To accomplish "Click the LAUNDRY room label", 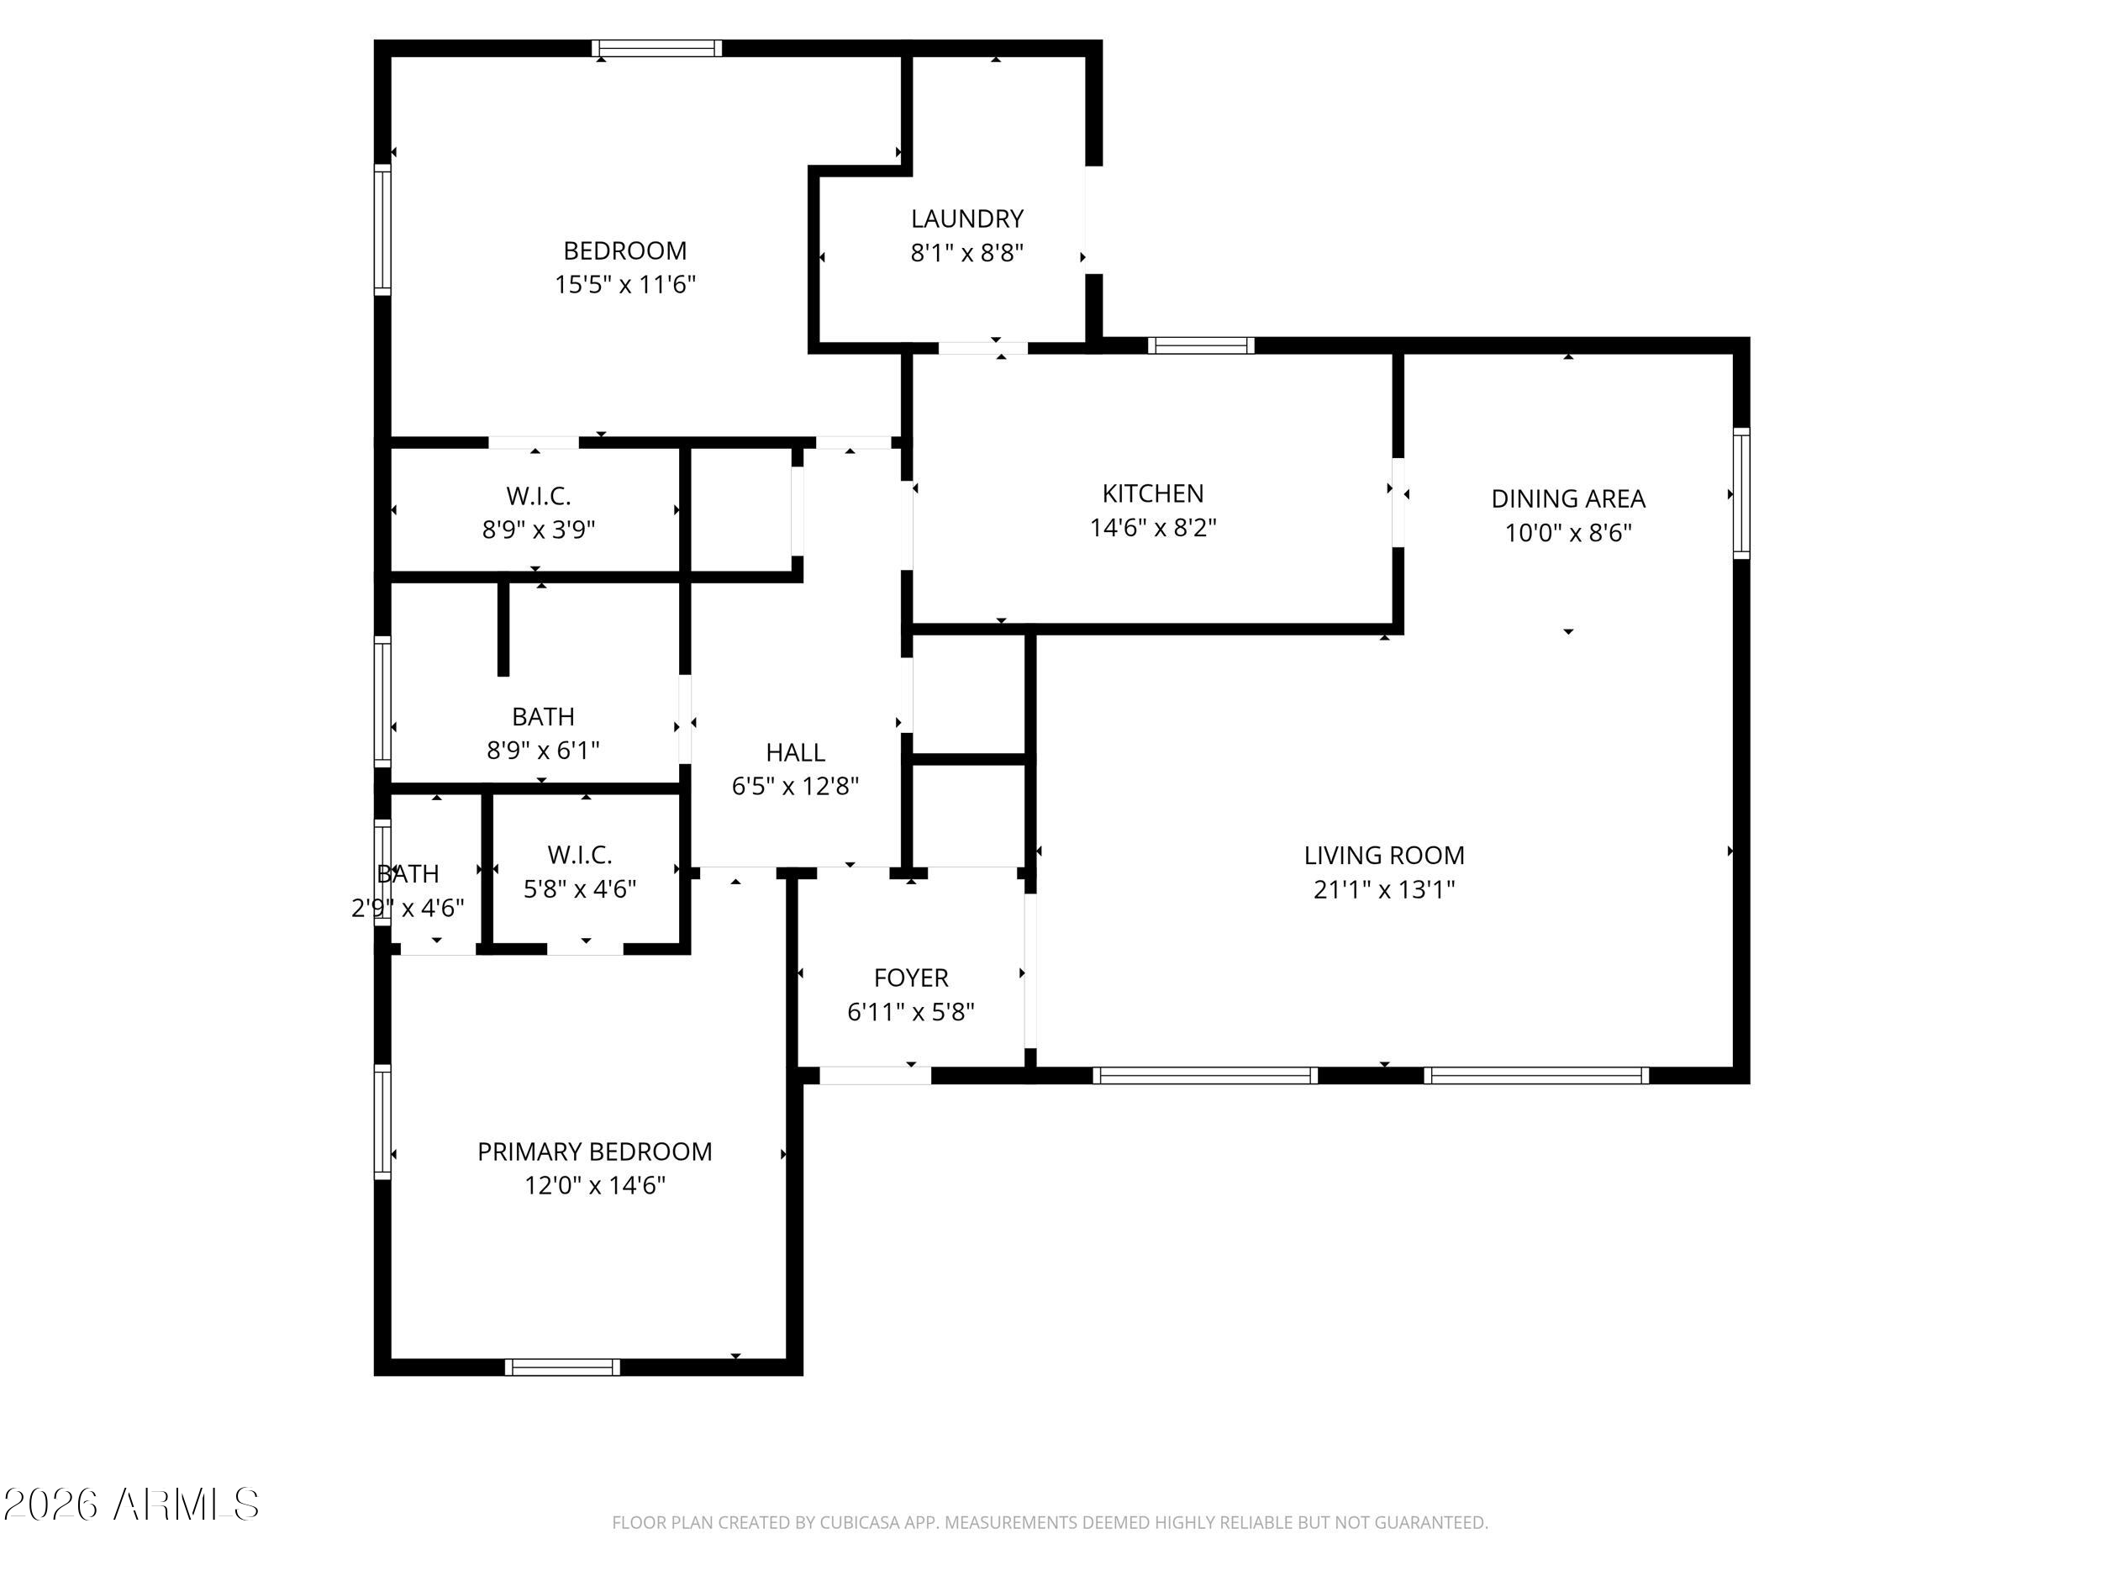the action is pos(967,219).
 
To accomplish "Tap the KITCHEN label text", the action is pos(1152,493).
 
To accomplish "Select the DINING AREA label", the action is pos(1568,498).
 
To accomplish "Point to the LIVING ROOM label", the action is pos(1384,855).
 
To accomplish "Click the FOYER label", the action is pos(911,978).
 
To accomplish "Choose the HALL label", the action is pos(795,752).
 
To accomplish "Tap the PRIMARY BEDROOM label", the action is pos(595,1152).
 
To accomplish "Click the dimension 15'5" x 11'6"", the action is pos(625,284).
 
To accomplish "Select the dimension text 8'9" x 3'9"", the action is pos(539,530).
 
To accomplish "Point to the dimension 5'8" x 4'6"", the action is pos(579,888).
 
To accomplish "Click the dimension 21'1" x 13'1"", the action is pos(1384,889).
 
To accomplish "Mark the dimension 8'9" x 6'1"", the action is pos(542,751).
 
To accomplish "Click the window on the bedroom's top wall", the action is pos(656,49).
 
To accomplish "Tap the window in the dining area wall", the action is pos(1741,493).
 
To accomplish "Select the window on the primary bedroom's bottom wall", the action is pos(562,1367).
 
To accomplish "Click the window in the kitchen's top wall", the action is pos(1201,345).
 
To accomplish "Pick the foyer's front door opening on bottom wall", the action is pos(875,1075).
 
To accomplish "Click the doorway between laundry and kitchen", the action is pos(983,348).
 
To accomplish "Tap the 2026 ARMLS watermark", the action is pos(132,1505).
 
